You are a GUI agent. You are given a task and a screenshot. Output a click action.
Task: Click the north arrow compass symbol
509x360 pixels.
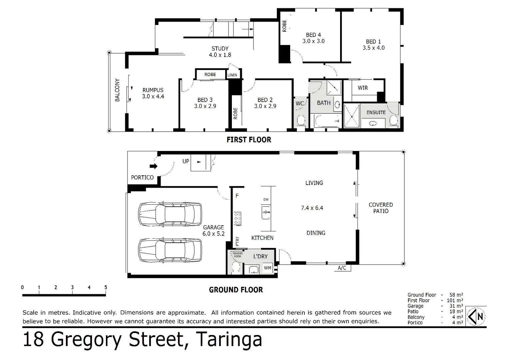476,316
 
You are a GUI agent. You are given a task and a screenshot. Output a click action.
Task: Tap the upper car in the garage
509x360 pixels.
170,214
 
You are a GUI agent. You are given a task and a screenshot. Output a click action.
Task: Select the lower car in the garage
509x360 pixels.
170,250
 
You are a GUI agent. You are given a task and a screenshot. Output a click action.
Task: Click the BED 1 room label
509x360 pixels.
373,42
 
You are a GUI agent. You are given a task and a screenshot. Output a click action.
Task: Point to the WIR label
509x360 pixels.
363,88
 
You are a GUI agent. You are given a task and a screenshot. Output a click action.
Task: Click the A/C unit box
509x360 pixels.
342,268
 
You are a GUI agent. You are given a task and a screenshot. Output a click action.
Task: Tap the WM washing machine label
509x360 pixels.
267,268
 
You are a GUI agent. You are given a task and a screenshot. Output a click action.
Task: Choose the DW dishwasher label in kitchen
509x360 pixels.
266,199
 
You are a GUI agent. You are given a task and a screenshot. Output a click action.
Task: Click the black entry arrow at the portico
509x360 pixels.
153,166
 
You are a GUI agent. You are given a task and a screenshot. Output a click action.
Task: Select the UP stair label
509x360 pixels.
186,161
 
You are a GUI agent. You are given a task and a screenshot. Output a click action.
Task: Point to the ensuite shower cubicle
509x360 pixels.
352,116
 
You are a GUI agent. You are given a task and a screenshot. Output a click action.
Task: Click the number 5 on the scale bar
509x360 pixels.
106,287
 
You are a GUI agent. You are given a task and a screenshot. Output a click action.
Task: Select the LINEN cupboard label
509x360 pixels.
232,75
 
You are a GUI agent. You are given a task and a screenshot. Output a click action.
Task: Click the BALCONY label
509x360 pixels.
117,90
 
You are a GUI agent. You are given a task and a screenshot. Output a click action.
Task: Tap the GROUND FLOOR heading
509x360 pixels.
236,290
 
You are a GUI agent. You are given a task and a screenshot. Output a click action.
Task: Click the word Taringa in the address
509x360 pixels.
229,339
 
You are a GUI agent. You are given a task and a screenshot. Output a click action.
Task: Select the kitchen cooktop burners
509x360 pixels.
238,218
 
